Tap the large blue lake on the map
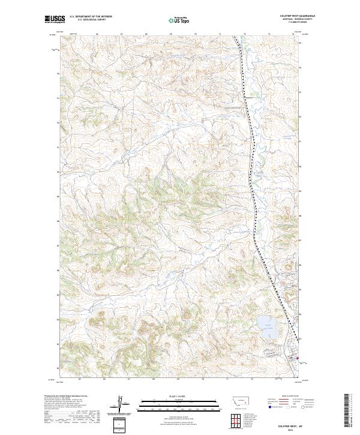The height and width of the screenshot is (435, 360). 266,325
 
